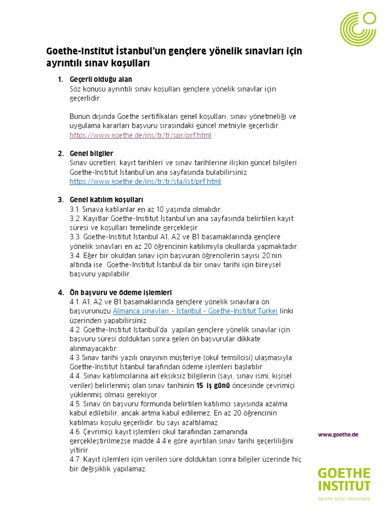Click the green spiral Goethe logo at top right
tap(358, 29)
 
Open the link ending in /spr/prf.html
tap(140, 135)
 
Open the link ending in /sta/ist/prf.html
tap(145, 181)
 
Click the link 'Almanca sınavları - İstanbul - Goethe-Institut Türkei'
tap(195, 311)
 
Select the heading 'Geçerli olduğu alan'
tap(101, 79)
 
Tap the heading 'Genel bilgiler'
tap(91, 153)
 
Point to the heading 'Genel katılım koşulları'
tap(106, 200)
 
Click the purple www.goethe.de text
tap(338, 435)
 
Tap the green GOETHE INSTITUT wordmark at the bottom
tap(344, 479)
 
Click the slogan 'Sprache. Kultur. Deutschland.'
tap(344, 499)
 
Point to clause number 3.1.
tap(75, 209)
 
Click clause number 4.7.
tap(75, 459)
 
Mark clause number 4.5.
tap(75, 404)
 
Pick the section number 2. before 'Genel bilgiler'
tap(60, 153)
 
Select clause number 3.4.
tap(75, 255)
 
